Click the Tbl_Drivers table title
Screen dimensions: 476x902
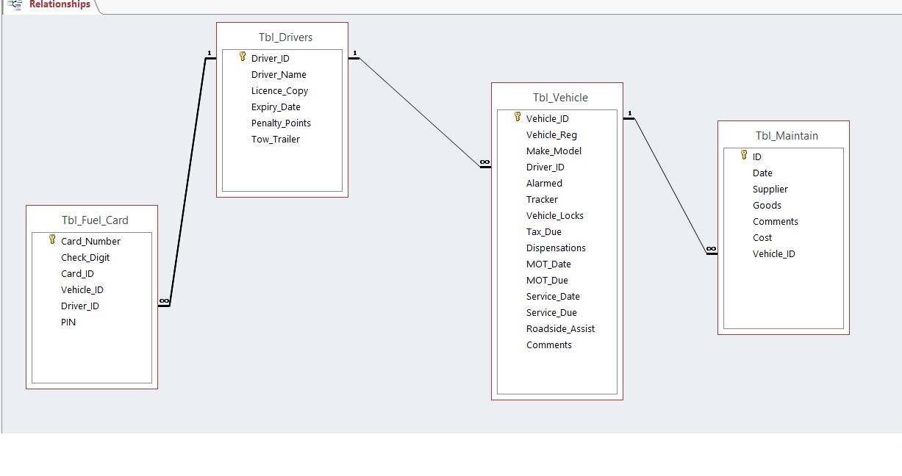285,37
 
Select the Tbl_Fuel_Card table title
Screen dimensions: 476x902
95,220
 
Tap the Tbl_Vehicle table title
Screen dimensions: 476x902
560,98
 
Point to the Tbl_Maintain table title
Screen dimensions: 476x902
787,136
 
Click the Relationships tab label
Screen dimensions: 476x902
60,4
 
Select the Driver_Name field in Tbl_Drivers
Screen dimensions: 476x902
279,75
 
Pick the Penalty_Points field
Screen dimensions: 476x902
281,123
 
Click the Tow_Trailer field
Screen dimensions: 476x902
276,140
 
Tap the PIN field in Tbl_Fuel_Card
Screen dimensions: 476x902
68,322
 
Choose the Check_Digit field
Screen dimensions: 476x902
85,258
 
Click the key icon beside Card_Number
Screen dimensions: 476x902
52,239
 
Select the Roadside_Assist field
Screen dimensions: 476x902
560,329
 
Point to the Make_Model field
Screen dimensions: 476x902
554,151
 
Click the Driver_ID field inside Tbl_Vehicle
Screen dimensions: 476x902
545,167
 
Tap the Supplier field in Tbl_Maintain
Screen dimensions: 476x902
770,190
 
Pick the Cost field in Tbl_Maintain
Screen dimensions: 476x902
762,238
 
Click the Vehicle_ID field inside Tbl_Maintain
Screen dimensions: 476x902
773,254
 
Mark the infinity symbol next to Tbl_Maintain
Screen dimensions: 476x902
711,250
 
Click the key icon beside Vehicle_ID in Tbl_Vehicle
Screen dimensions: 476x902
518,117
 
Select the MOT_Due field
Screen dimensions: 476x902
547,281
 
